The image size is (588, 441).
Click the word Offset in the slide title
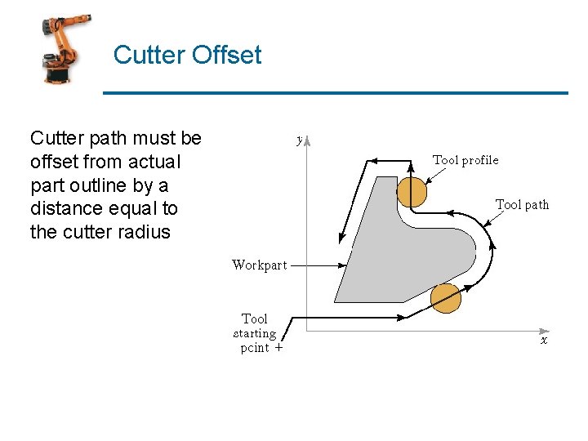tap(225, 56)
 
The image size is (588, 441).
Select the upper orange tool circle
tap(412, 191)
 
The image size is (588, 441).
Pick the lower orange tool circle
tap(445, 298)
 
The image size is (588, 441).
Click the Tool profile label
tap(465, 160)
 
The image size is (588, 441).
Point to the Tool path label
tap(522, 204)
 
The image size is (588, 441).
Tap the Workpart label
tap(259, 265)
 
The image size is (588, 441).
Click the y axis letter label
tap(300, 140)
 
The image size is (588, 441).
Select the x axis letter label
tap(544, 341)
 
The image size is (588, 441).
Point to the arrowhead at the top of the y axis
tap(307, 140)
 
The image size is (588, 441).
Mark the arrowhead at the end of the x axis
tap(538, 330)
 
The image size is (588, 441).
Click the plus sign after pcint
tap(278, 348)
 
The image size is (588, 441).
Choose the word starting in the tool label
tap(254, 333)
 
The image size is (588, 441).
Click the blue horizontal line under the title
tap(335, 93)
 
